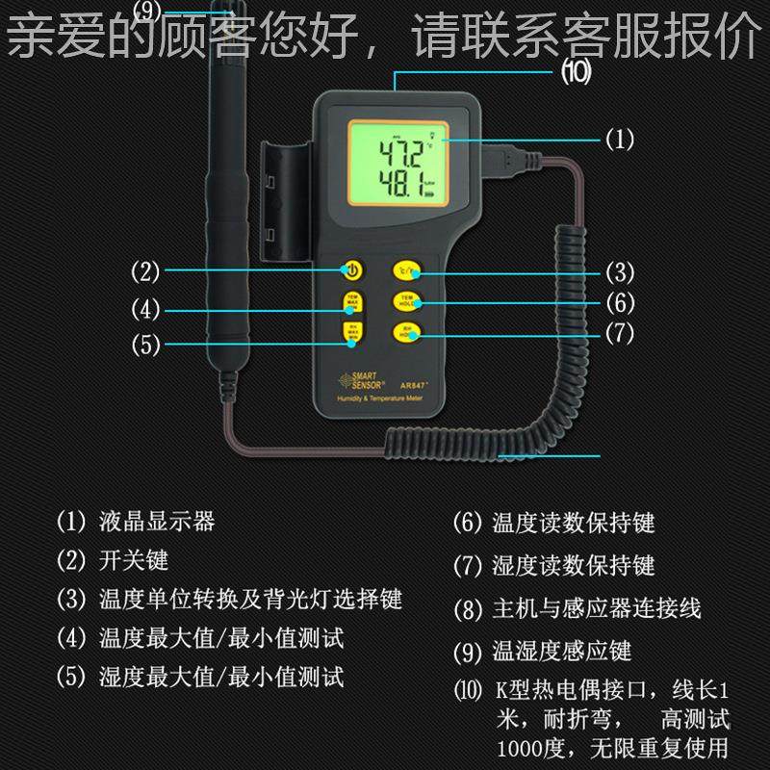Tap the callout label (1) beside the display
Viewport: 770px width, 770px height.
pos(619,141)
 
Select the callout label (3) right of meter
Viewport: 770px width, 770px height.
pos(619,271)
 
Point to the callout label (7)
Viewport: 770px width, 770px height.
pos(619,334)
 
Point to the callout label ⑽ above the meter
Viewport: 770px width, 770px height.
pos(576,70)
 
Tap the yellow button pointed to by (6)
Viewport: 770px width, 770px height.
pos(404,302)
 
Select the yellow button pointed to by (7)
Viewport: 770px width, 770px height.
pos(404,333)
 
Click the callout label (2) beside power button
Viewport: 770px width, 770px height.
pos(145,271)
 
